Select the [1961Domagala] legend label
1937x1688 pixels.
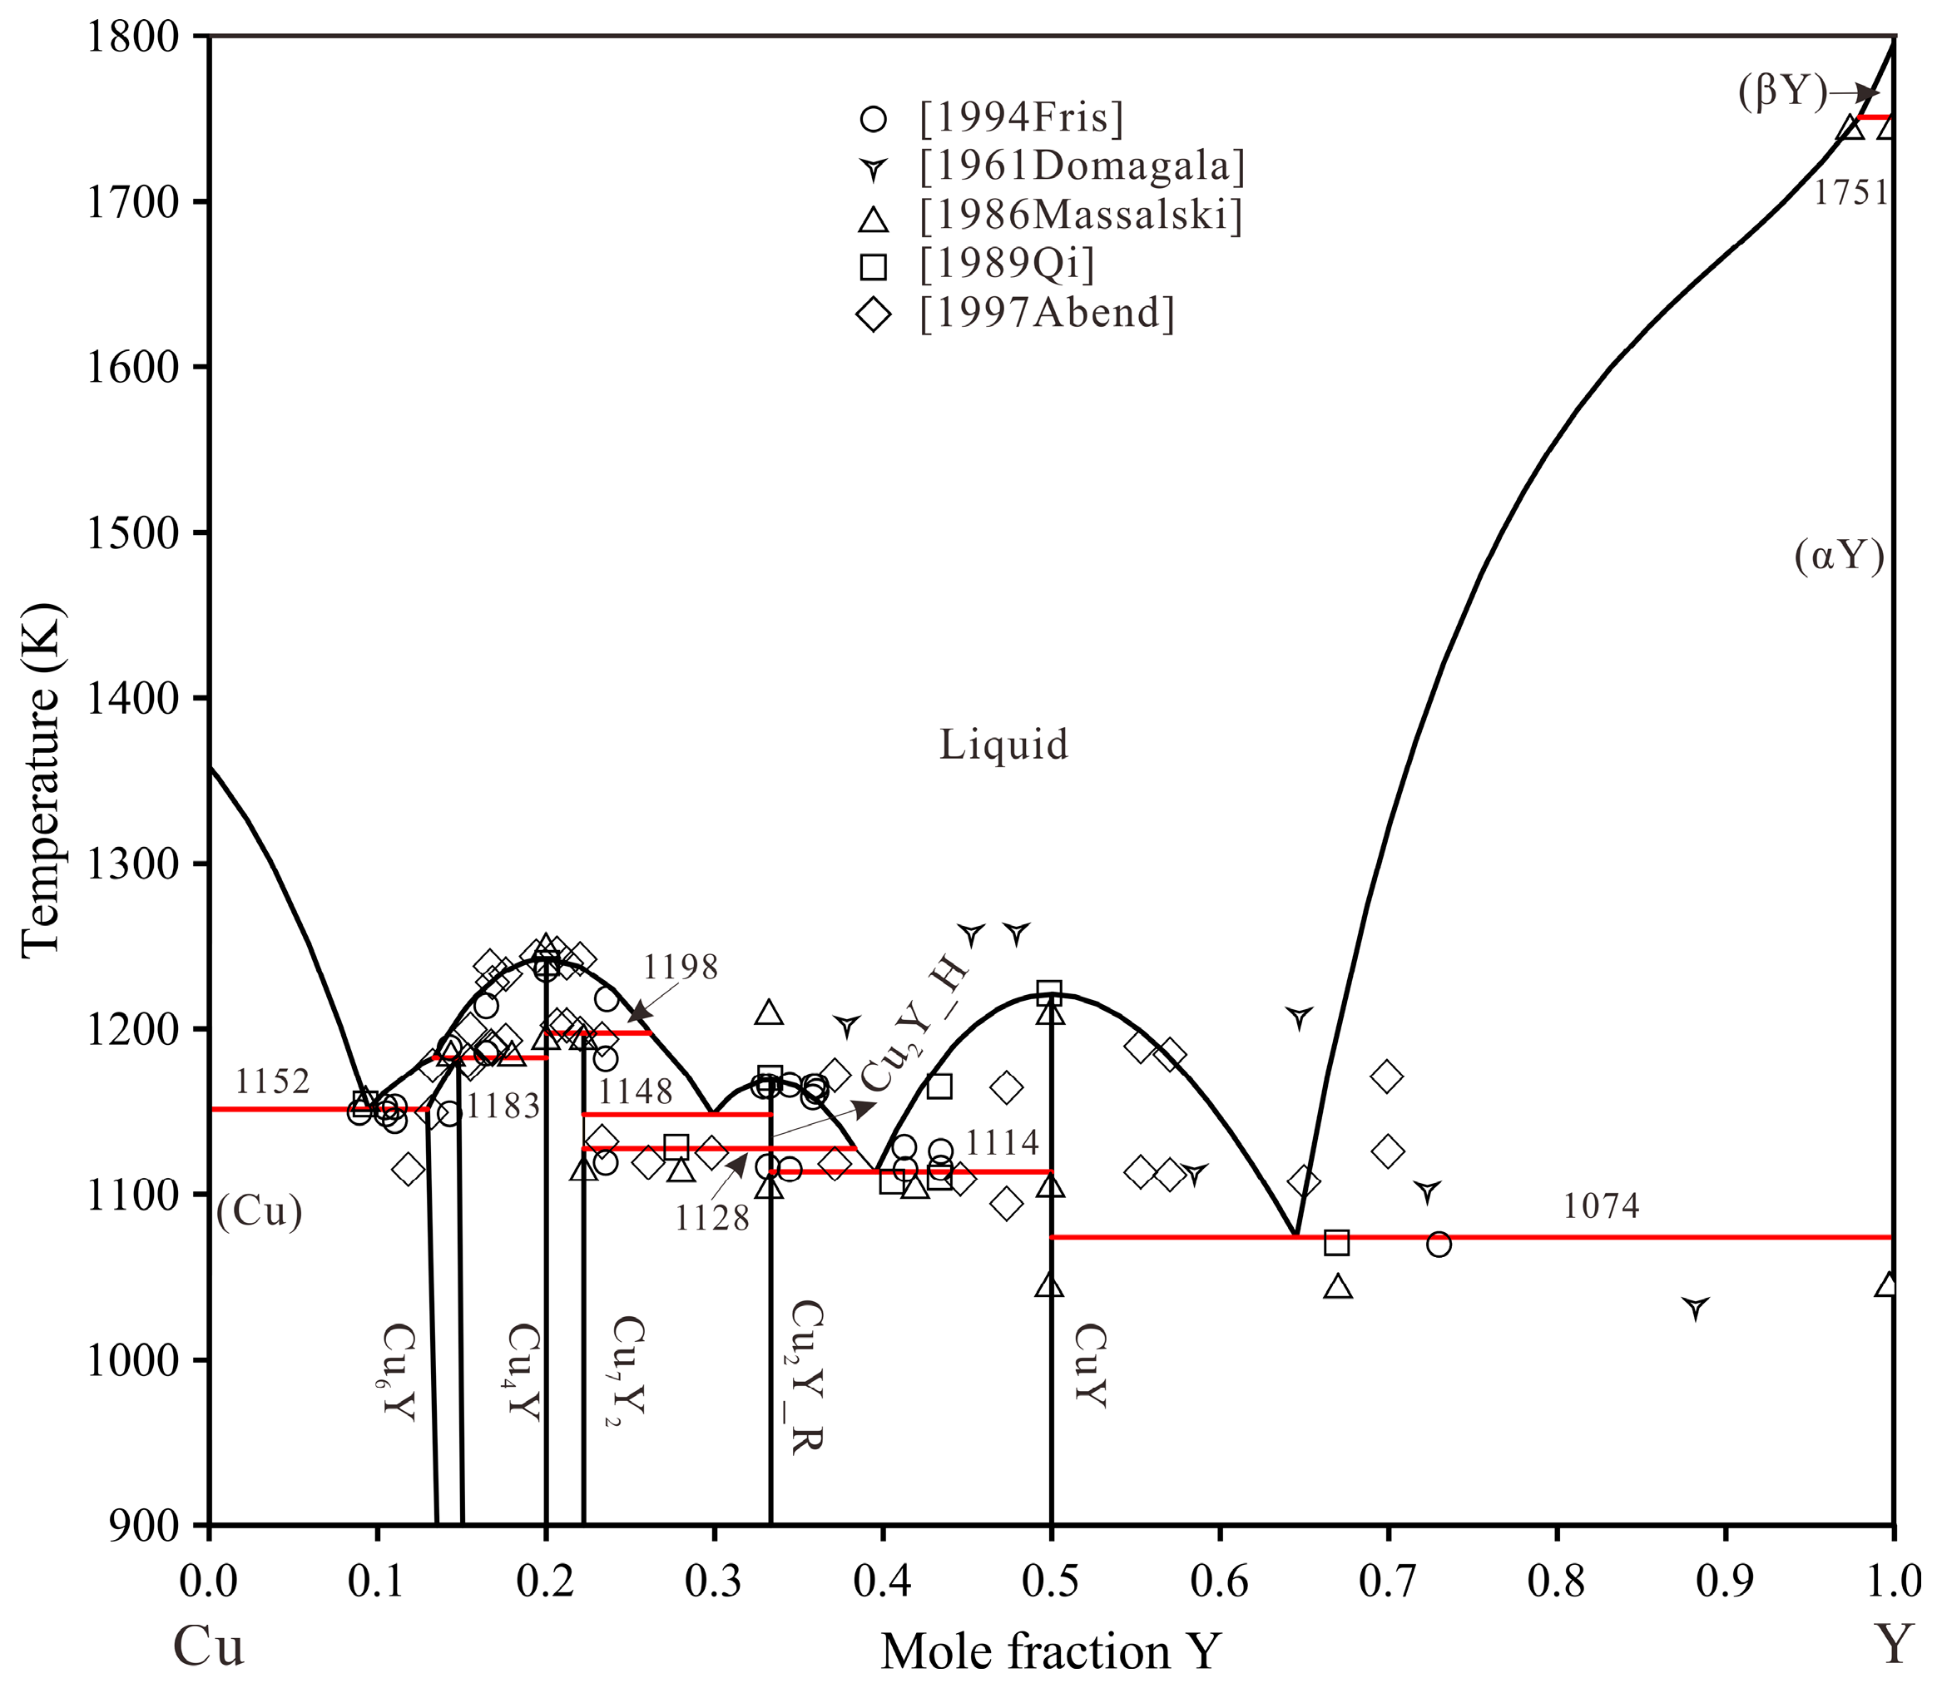coord(1082,166)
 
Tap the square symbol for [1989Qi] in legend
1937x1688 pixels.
coord(874,265)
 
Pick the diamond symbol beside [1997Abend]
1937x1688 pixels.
coord(874,314)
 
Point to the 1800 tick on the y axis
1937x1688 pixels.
coord(132,37)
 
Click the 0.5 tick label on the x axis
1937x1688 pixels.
coord(1051,1582)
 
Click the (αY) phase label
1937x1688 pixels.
coord(1838,557)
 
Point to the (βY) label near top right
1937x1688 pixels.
coord(1781,93)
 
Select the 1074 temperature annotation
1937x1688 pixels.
coord(1601,1206)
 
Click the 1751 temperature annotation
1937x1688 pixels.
coord(1850,193)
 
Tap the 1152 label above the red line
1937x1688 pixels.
coord(271,1082)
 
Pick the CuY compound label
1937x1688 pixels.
coord(1089,1366)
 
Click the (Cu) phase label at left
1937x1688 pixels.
coord(259,1211)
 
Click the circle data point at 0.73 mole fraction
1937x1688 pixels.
coord(1438,1245)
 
